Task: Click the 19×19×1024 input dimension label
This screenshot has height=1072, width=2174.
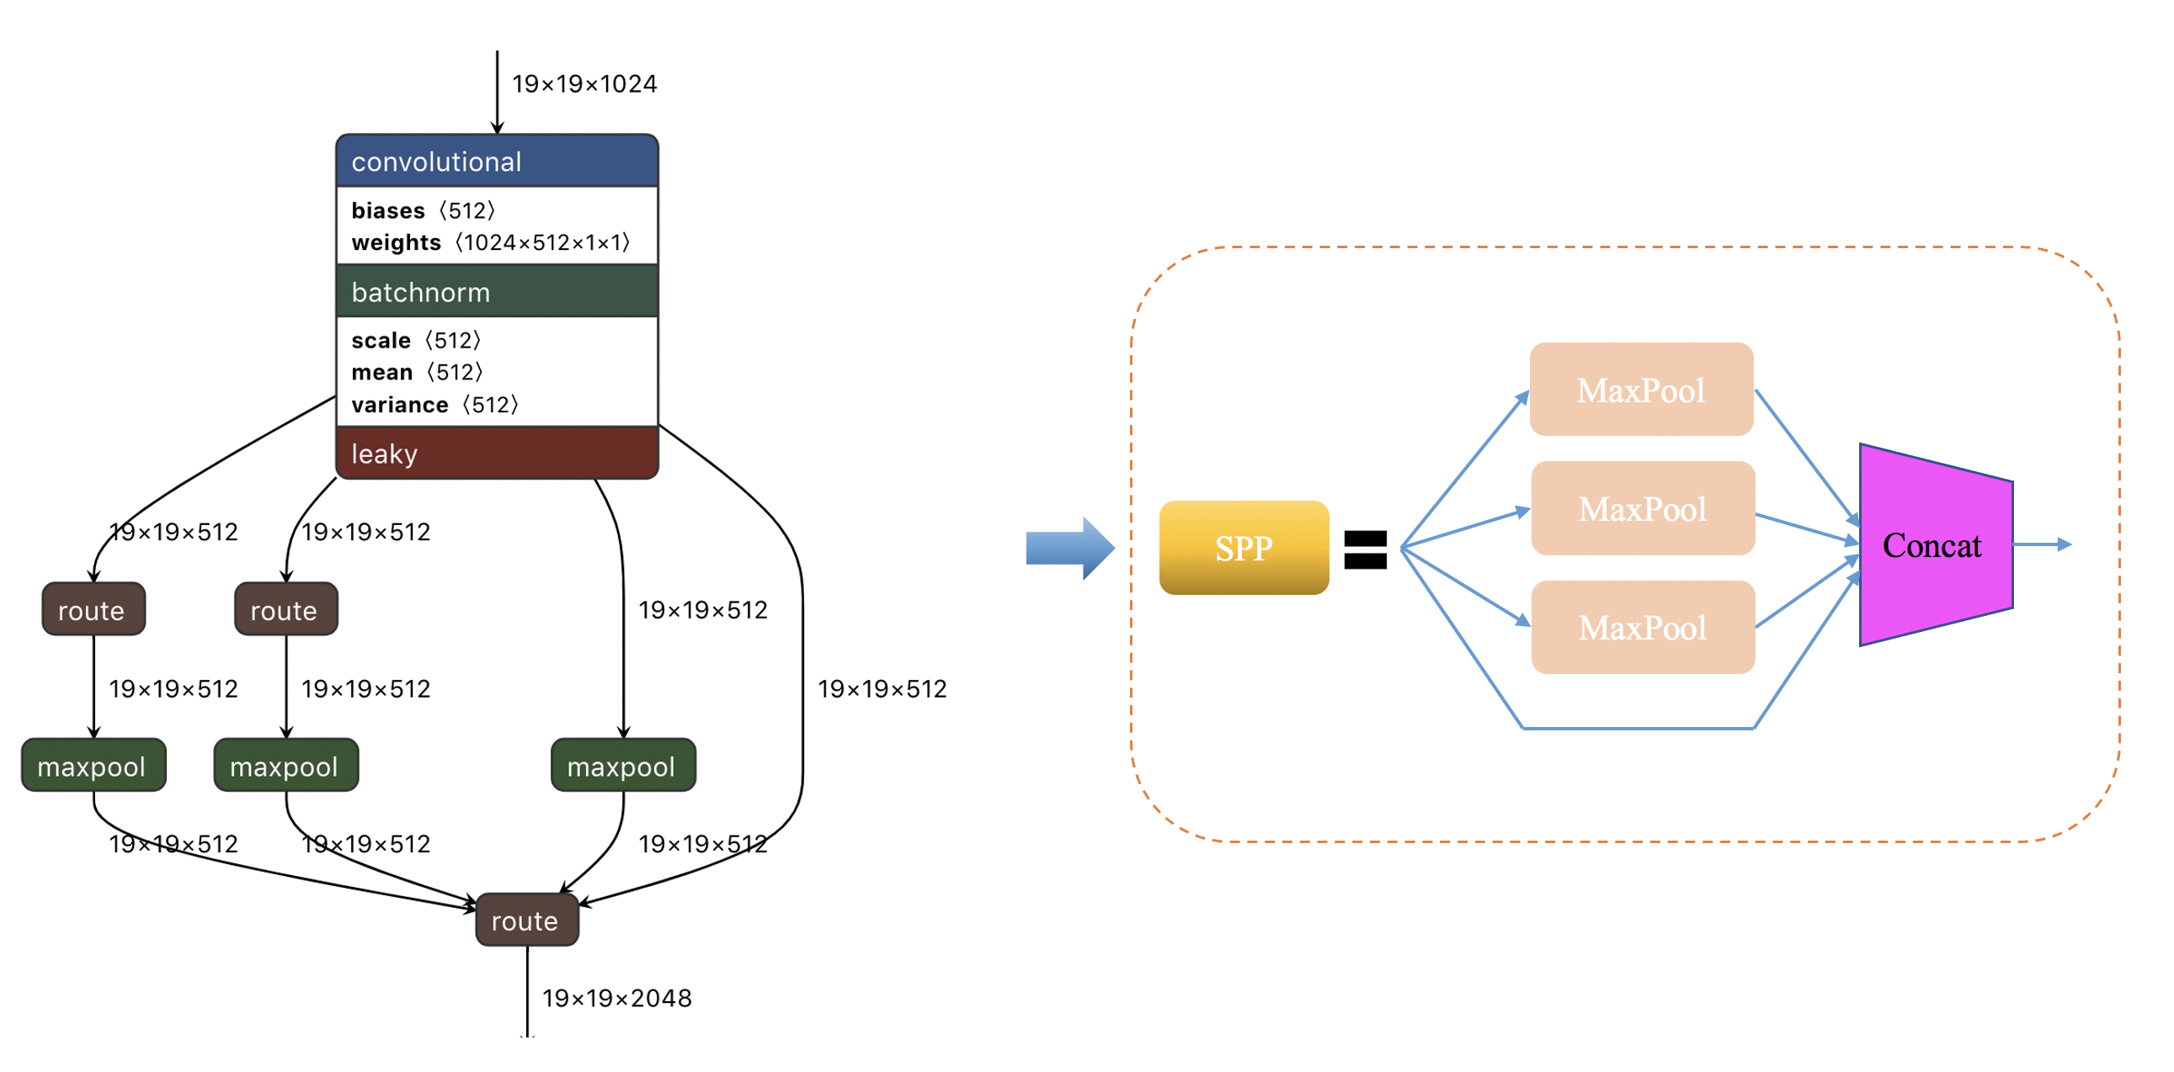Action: coord(584,84)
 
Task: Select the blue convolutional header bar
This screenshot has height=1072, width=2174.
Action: coord(497,160)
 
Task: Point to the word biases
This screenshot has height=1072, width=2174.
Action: coord(388,210)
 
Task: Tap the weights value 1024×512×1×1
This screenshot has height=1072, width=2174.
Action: coord(542,243)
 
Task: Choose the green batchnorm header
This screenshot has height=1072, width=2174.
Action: coord(497,291)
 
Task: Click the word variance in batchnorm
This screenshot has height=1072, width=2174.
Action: coord(400,405)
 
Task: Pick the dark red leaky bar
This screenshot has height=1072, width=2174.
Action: coord(497,453)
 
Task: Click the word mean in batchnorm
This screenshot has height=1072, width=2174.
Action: coord(382,372)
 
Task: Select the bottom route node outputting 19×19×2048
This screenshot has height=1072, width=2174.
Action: coord(527,921)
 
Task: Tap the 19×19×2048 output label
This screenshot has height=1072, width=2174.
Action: coord(617,999)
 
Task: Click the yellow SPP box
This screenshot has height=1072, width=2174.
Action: coord(1244,548)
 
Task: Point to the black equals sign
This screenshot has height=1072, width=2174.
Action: coord(1366,550)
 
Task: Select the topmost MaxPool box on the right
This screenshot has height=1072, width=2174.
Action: coord(1642,389)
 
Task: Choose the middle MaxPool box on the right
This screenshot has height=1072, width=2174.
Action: coord(1644,507)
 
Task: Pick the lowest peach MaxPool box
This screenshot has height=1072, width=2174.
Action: coord(1644,627)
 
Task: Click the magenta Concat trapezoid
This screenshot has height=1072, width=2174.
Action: coord(1936,545)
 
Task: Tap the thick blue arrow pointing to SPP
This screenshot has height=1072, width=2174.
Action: coord(1070,549)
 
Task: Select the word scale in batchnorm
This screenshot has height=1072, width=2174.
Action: coord(381,341)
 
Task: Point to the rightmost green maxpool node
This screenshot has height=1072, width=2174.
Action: coord(624,765)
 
